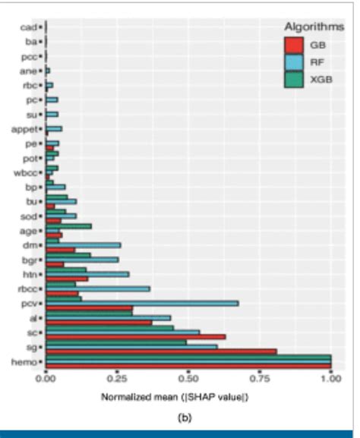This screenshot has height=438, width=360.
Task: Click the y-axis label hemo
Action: coord(25,362)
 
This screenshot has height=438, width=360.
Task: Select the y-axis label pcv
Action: coord(30,303)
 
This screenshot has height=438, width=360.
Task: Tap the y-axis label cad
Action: coord(29,27)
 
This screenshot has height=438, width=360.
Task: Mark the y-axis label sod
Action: coord(30,216)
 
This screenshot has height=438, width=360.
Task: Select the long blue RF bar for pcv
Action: coord(142,303)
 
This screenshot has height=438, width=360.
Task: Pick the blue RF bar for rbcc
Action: coord(98,288)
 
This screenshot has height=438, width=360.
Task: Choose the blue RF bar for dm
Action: coord(84,244)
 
